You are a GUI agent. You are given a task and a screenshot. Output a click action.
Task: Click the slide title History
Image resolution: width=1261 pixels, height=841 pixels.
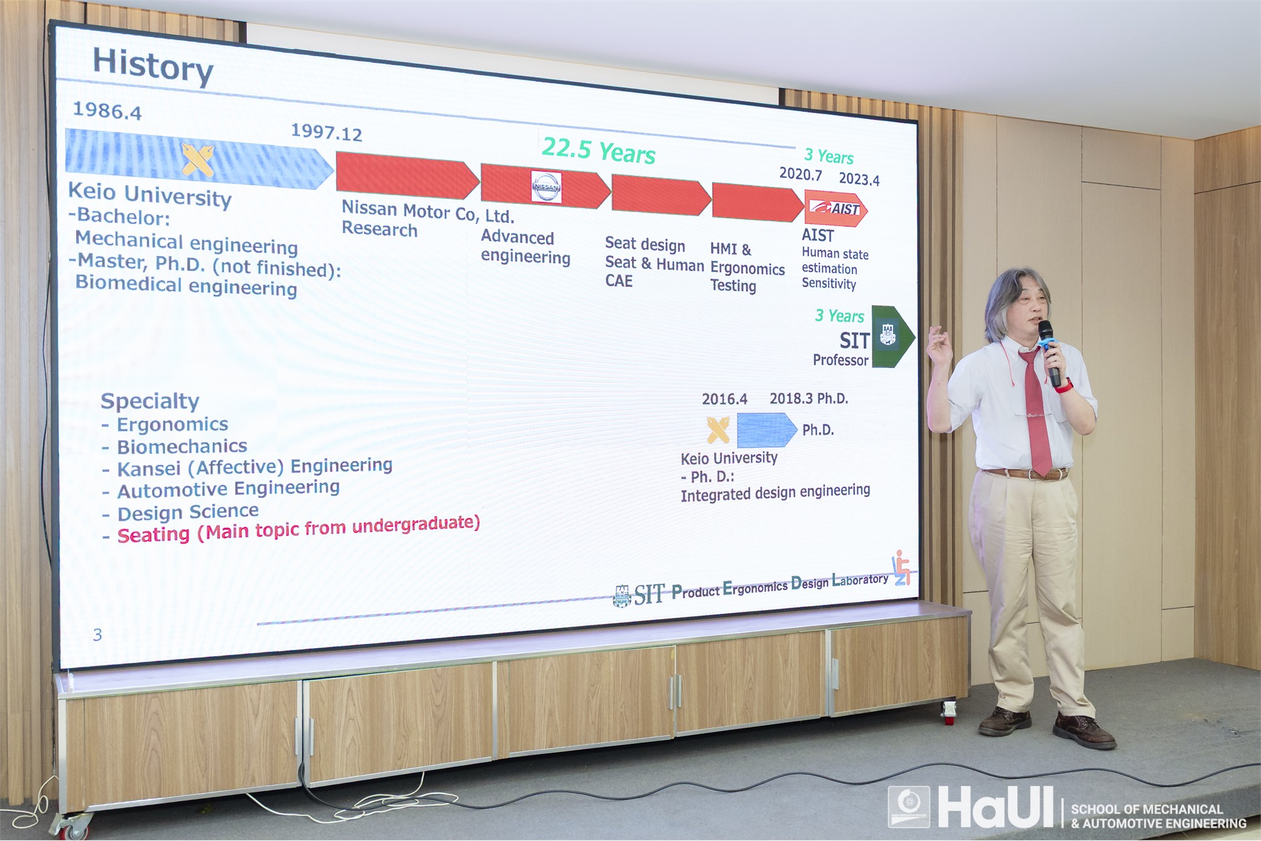pyautogui.click(x=153, y=66)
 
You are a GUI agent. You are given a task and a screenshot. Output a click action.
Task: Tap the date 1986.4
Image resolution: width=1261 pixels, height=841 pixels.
pyautogui.click(x=107, y=111)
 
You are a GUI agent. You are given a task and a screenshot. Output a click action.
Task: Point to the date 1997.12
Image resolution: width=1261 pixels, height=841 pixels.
pyautogui.click(x=326, y=132)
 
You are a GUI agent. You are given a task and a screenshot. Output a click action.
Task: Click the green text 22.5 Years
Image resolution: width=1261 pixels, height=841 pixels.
pyautogui.click(x=598, y=151)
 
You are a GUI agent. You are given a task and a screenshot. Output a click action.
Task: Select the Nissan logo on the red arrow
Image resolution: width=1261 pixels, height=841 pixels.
pyautogui.click(x=546, y=186)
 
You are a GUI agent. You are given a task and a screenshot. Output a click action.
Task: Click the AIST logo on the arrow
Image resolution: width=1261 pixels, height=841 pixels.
pyautogui.click(x=835, y=208)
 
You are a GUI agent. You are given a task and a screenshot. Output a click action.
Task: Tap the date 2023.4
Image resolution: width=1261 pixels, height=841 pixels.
pyautogui.click(x=859, y=179)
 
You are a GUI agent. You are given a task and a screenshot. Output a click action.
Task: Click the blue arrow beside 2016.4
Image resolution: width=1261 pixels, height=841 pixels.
pyautogui.click(x=766, y=429)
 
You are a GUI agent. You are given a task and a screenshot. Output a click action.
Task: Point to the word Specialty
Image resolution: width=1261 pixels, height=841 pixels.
pyautogui.click(x=150, y=401)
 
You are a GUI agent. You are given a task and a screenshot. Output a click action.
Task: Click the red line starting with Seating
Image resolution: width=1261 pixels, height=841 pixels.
pyautogui.click(x=299, y=529)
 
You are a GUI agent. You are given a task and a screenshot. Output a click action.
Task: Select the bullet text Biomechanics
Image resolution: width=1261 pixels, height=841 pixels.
pyautogui.click(x=182, y=446)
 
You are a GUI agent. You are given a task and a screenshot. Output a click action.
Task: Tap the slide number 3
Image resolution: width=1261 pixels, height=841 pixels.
pyautogui.click(x=97, y=634)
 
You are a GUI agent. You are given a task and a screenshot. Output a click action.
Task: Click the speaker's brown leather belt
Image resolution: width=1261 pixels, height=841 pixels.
pyautogui.click(x=1026, y=474)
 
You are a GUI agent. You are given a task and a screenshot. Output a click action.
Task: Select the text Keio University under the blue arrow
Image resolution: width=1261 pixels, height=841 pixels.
pyautogui.click(x=729, y=458)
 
